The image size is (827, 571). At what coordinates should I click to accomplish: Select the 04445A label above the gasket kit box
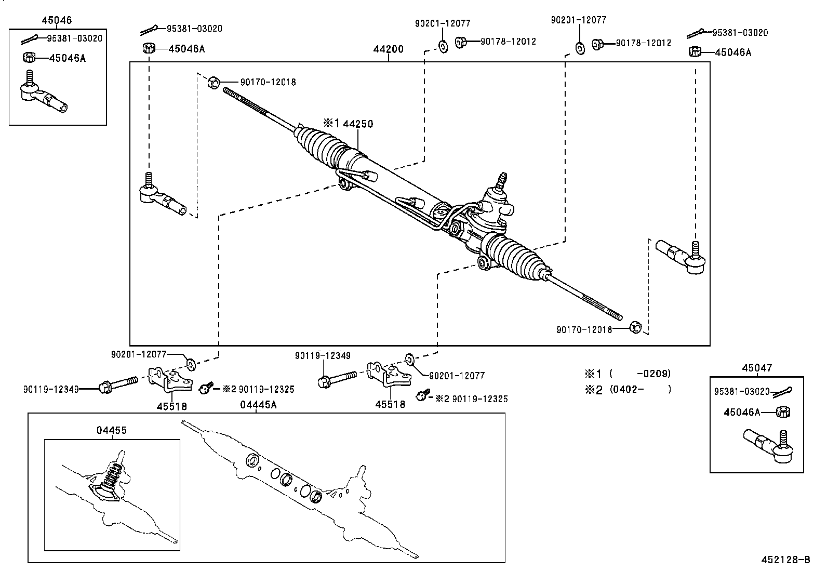(x=258, y=405)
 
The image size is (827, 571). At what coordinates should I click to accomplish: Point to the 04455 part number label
(x=111, y=430)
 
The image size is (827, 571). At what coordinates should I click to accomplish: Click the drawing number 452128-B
(x=785, y=560)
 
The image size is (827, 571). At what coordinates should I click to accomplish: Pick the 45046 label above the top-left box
(x=57, y=21)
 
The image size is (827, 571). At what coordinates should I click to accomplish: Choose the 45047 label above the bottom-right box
(x=757, y=368)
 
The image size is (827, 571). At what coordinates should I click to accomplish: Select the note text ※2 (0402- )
(x=628, y=389)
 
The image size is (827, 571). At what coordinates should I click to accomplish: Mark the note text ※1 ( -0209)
(x=628, y=374)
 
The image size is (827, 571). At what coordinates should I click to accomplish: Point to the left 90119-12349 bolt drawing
(x=117, y=384)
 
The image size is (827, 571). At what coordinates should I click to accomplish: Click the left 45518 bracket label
(x=172, y=406)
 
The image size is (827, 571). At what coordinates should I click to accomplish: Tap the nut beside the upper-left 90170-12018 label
(x=214, y=82)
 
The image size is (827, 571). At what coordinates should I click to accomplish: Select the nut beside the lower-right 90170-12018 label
(x=635, y=327)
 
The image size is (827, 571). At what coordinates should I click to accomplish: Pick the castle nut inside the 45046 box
(x=29, y=57)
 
